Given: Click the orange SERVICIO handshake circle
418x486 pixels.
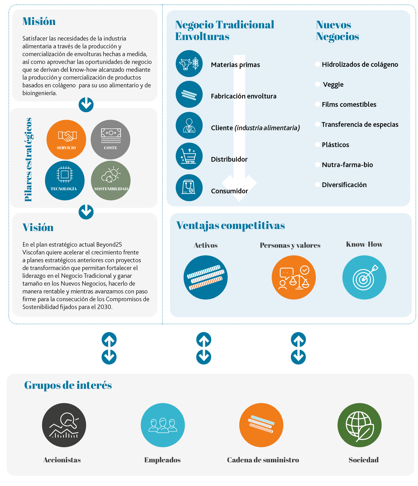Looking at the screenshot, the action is (x=66, y=140).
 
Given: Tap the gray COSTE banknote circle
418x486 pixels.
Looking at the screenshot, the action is (x=111, y=140).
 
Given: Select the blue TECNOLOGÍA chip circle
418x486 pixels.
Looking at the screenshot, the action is (x=65, y=180).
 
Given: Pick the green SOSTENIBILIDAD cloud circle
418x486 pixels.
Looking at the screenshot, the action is (x=111, y=180).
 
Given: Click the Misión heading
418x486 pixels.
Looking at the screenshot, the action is (x=39, y=21).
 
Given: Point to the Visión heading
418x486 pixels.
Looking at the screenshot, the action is (x=38, y=227).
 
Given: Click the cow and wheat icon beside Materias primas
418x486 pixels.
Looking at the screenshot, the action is (x=189, y=64).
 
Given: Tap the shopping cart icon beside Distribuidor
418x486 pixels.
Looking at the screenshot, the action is (x=189, y=156).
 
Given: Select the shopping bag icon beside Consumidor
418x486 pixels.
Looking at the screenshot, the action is (x=189, y=188).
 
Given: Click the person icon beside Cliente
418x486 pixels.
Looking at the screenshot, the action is (x=189, y=125).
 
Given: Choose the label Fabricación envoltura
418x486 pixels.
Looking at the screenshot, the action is (x=244, y=96).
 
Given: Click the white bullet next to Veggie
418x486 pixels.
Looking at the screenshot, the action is (x=318, y=84).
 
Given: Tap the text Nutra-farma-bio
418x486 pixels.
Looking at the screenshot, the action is (x=347, y=165).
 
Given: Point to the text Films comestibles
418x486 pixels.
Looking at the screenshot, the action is (x=349, y=104).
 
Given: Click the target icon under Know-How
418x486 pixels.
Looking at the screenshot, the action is (x=364, y=277).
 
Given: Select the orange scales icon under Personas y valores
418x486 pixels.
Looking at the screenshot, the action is (x=294, y=277).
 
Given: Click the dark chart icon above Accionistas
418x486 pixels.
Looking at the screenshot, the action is (x=64, y=425).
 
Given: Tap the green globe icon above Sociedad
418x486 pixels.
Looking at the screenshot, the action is (x=360, y=425).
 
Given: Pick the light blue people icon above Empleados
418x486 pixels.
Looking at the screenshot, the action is (x=163, y=425).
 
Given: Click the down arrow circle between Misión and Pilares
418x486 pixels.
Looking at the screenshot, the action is (x=86, y=105).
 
